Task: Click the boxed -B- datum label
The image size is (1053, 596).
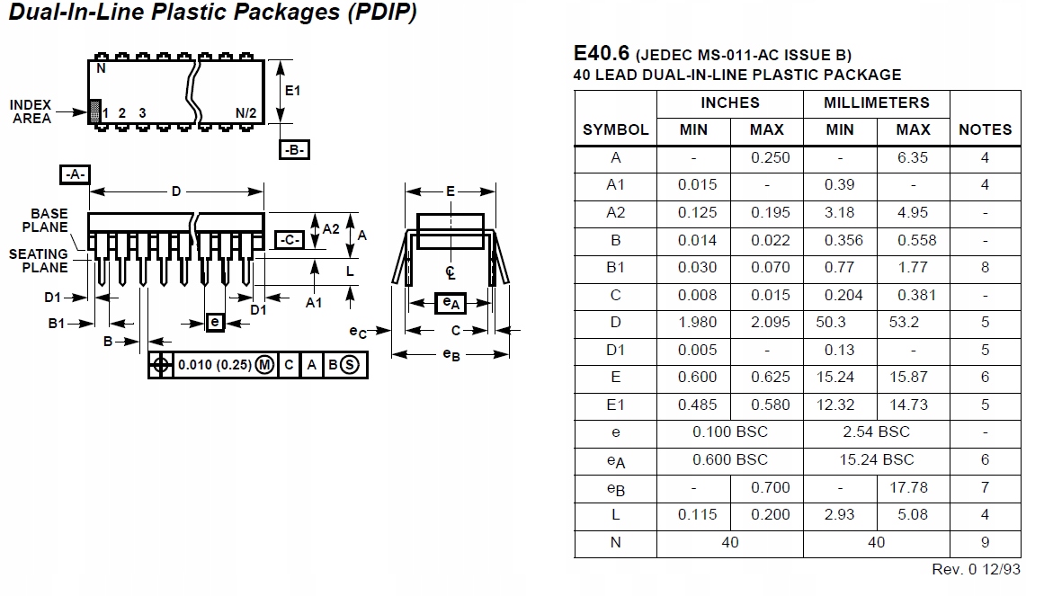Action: click(x=294, y=150)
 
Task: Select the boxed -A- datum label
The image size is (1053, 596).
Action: click(x=75, y=173)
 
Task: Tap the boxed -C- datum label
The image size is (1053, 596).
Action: click(x=288, y=239)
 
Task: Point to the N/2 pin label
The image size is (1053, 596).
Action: click(x=245, y=113)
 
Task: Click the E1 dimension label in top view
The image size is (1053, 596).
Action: click(x=292, y=91)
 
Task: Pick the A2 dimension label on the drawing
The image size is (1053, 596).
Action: click(x=331, y=228)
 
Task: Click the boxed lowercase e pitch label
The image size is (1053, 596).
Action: click(x=214, y=322)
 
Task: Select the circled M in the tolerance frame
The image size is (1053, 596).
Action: click(x=264, y=364)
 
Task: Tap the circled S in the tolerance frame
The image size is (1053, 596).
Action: click(x=350, y=364)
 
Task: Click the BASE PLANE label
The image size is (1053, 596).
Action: click(x=49, y=220)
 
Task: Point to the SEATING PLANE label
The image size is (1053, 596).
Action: click(x=39, y=261)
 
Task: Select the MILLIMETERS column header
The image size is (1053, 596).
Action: click(x=876, y=102)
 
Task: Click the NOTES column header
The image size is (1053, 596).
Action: click(x=985, y=129)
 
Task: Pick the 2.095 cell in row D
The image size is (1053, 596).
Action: click(x=766, y=322)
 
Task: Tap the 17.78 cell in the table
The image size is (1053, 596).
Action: click(x=913, y=487)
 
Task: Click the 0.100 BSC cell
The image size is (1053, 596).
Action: click(x=729, y=431)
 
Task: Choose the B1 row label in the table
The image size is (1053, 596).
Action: click(x=615, y=267)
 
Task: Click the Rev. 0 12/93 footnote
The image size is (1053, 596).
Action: click(x=976, y=570)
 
